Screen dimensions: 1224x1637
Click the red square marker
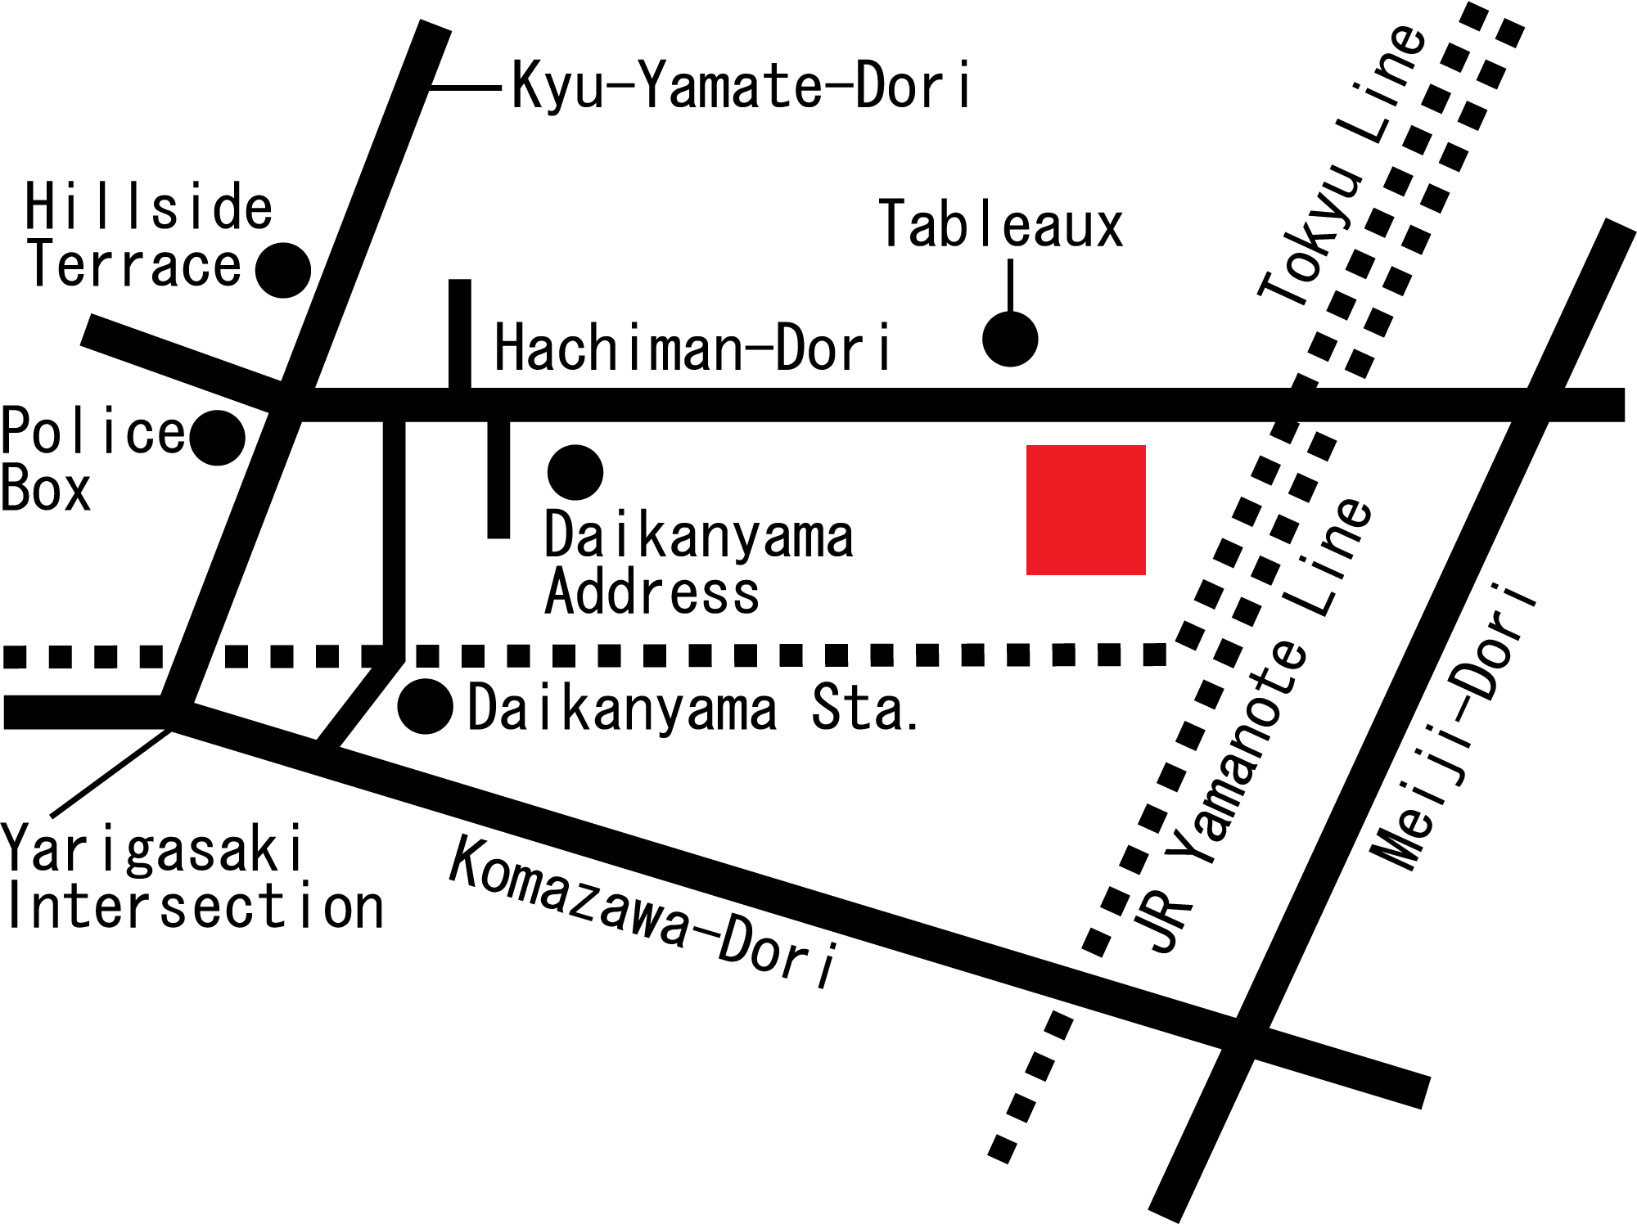1085,510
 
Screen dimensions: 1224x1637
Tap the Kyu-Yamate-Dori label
741,85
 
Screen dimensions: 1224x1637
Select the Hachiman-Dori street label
692,349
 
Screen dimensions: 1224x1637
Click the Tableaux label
1000,225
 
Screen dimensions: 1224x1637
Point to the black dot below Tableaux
1010,339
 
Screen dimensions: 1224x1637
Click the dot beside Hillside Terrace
283,270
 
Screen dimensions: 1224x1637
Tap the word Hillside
148,208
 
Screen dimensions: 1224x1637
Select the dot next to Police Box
218,438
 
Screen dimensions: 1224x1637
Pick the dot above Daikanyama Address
575,472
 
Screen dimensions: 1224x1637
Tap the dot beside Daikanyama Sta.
426,706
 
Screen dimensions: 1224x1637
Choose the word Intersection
193,907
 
